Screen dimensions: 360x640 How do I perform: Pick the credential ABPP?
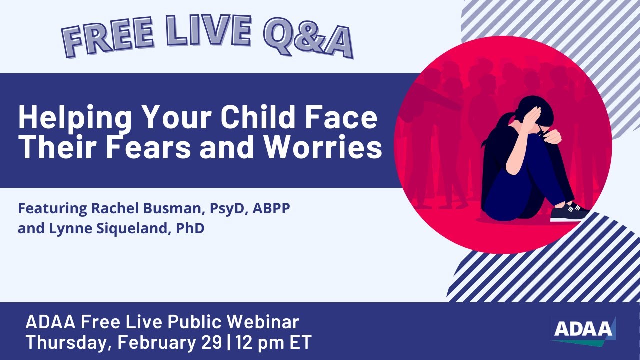[271, 208]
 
